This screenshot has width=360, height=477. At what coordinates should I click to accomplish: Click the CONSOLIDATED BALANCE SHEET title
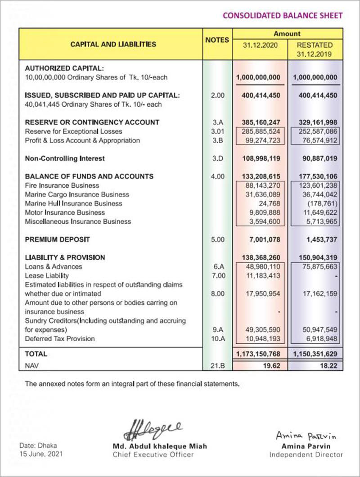(x=283, y=15)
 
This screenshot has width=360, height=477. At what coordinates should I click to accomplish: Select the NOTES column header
(x=217, y=40)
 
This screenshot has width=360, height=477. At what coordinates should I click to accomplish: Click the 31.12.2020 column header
(x=261, y=45)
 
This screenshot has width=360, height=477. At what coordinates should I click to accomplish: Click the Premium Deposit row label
(x=58, y=239)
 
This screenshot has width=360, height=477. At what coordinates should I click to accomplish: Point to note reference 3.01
(x=217, y=131)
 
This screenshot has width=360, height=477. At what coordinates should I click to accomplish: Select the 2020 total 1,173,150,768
(x=260, y=354)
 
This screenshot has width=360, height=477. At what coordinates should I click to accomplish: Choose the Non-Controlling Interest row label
(x=65, y=158)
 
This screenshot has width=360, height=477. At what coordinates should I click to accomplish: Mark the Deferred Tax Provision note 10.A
(x=217, y=338)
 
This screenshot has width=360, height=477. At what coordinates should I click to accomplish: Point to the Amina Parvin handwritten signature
(x=306, y=436)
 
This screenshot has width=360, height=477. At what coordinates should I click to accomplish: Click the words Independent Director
(x=306, y=454)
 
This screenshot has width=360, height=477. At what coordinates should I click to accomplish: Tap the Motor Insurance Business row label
(x=58, y=212)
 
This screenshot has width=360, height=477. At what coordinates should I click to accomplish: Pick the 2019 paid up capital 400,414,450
(x=315, y=95)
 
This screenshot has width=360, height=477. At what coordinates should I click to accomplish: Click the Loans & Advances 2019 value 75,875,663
(x=317, y=266)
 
